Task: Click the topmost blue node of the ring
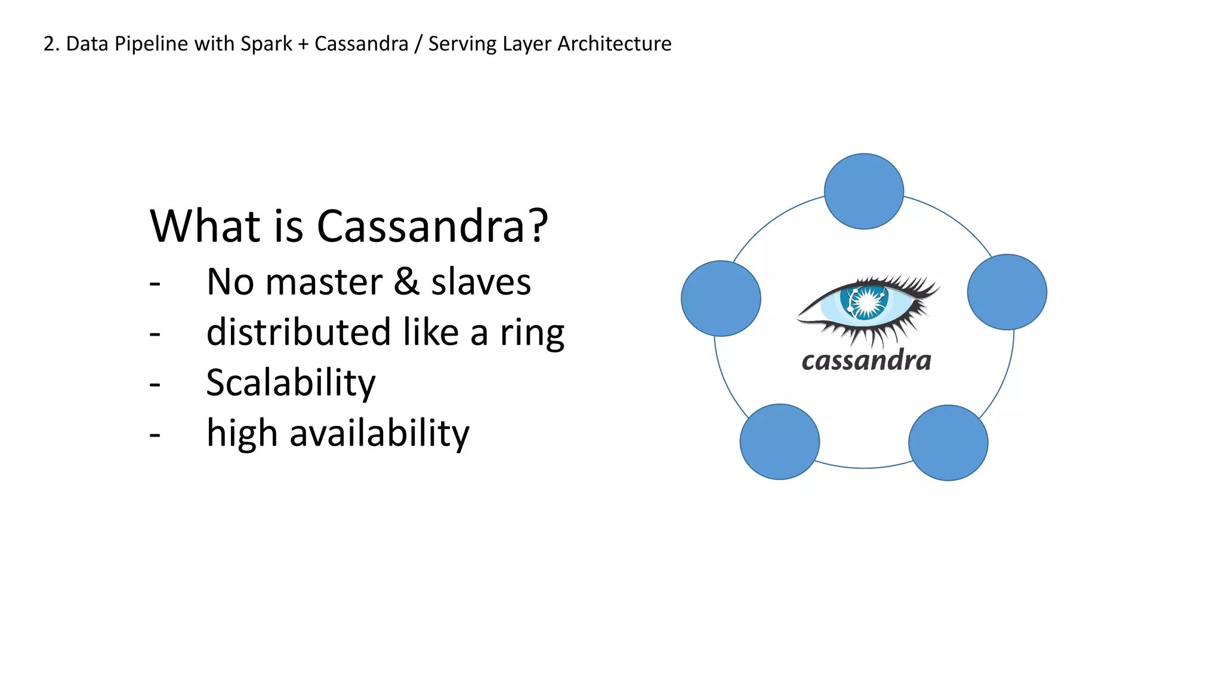[863, 191]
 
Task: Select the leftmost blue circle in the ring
[721, 298]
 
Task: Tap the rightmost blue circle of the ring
[1007, 292]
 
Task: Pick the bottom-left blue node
[779, 441]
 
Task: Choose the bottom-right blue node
[948, 443]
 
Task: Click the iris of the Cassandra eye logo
[865, 301]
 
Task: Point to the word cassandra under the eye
[866, 361]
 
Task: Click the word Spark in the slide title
[266, 44]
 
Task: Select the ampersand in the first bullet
[406, 281]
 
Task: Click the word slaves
[481, 281]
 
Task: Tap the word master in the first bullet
[323, 282]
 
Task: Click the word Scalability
[291, 383]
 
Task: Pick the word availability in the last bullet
[379, 433]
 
